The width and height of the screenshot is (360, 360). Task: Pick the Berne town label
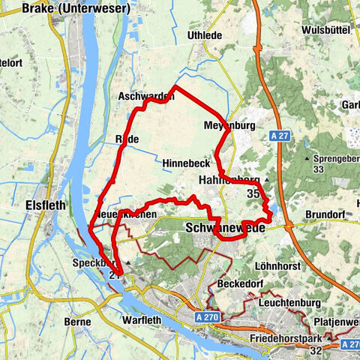(78, 321)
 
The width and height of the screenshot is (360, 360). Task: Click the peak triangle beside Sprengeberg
(307, 159)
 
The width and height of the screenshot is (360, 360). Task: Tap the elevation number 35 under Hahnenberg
(252, 193)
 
